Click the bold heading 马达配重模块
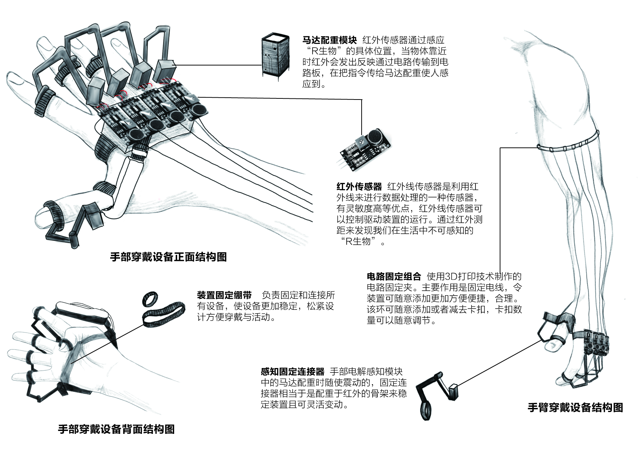[x=329, y=40]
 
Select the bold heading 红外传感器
[x=359, y=187]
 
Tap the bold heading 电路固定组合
[x=394, y=276]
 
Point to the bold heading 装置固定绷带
[x=224, y=295]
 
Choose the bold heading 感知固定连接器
[x=292, y=372]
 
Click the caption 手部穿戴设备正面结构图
[x=168, y=257]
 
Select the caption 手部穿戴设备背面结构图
[x=116, y=429]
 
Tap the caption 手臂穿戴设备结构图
[x=575, y=408]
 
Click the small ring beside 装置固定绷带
[x=150, y=299]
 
